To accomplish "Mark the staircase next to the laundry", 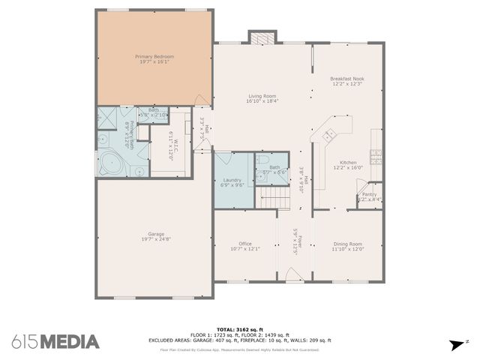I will pos(274,198).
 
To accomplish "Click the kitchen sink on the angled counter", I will pos(328,134).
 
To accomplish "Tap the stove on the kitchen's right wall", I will pos(376,157).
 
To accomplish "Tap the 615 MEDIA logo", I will pos(55,342).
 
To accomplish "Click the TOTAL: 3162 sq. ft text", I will pos(240,329).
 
